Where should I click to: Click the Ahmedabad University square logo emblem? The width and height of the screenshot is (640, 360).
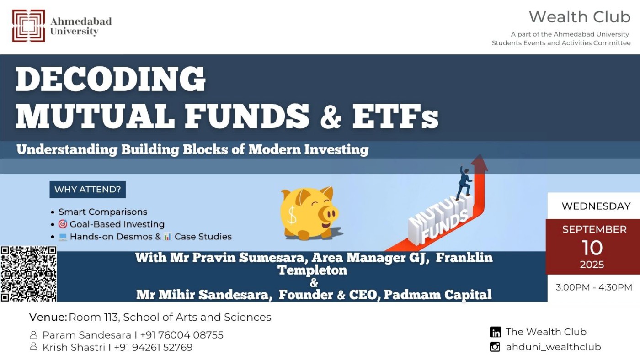tap(28, 26)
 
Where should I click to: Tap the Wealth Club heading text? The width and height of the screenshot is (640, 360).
tap(580, 17)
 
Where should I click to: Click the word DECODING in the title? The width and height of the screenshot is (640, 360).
tap(111, 79)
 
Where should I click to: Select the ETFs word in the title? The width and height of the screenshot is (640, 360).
tap(395, 116)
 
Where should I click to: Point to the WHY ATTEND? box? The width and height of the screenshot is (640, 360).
tap(87, 189)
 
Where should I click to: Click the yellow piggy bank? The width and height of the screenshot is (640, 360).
tap(309, 213)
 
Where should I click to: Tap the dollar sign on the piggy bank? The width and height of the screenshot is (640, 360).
tap(292, 215)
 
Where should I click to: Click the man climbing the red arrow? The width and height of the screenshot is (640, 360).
tap(464, 182)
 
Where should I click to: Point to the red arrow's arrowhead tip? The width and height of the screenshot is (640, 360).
tap(480, 154)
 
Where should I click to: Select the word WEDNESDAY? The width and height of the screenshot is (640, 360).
tap(596, 206)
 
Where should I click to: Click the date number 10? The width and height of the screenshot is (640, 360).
tap(592, 248)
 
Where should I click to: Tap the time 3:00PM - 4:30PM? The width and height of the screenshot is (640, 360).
tap(594, 287)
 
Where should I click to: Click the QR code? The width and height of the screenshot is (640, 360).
tap(28, 274)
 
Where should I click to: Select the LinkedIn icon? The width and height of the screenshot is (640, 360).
tap(495, 332)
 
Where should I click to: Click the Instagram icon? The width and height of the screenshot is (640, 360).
tap(495, 347)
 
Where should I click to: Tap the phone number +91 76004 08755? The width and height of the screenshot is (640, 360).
tap(182, 335)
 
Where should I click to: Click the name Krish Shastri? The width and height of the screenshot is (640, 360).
tap(74, 348)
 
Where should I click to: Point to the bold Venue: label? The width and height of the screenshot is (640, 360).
tap(48, 317)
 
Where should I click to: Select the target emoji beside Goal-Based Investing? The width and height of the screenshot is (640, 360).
tap(63, 224)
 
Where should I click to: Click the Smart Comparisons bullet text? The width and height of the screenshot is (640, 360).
tap(103, 212)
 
